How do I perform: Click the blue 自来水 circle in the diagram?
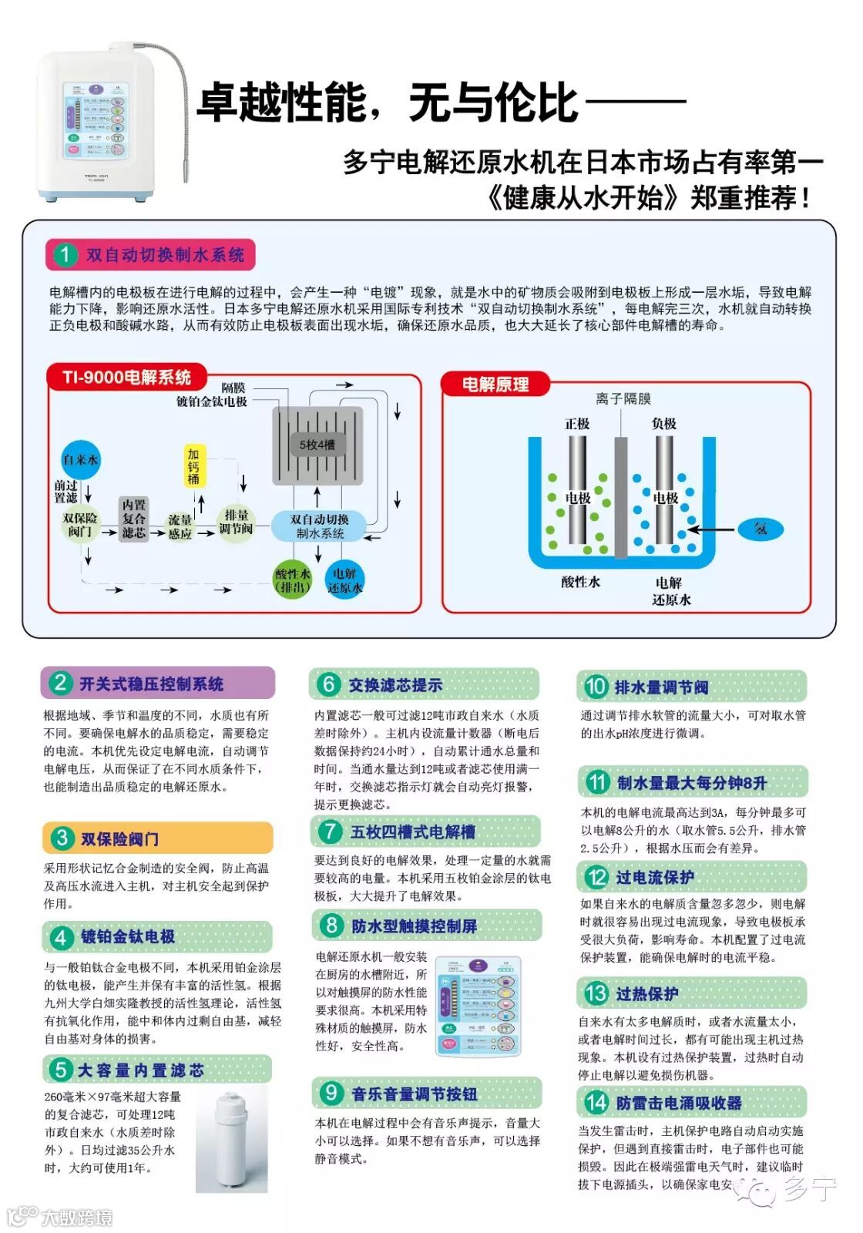click(80, 460)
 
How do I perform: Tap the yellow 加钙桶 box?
click(193, 465)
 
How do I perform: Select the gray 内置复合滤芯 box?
click(134, 519)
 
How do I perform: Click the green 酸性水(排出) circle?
click(293, 580)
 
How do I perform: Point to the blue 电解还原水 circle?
click(344, 580)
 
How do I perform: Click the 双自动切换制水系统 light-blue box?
click(319, 526)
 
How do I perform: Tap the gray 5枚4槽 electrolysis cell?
click(317, 445)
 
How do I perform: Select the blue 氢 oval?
click(761, 529)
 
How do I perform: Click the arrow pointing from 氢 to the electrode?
click(710, 529)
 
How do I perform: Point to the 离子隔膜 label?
click(623, 398)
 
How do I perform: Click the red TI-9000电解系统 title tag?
click(127, 377)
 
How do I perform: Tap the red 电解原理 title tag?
click(495, 384)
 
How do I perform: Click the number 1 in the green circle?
click(65, 255)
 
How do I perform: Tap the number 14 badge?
click(596, 1102)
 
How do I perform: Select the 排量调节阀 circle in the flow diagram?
click(236, 522)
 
